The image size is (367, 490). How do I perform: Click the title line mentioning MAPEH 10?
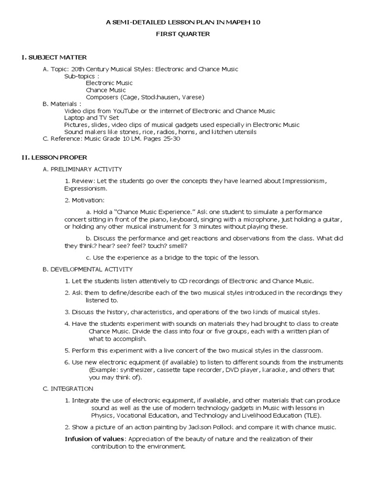[183, 22]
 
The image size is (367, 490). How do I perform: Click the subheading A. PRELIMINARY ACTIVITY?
[82, 169]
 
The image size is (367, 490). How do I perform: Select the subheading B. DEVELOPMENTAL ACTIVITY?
[87, 269]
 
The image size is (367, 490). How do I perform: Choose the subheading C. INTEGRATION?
[68, 389]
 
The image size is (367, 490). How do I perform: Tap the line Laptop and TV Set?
[91, 118]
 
